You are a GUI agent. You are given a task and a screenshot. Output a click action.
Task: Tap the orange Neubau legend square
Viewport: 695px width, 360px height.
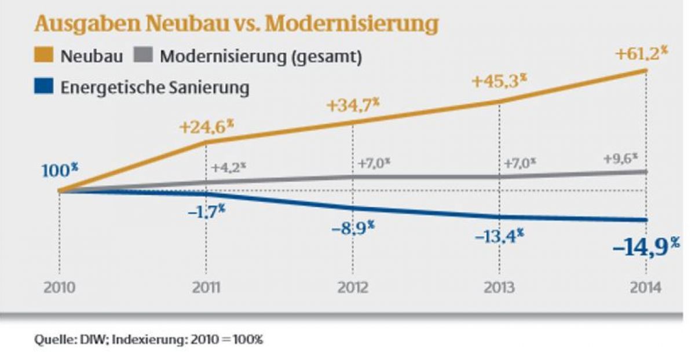click(46, 57)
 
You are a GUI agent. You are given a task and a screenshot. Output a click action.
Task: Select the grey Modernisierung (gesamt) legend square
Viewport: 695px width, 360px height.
click(145, 57)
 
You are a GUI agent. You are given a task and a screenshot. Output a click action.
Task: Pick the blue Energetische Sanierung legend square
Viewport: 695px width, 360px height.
click(46, 88)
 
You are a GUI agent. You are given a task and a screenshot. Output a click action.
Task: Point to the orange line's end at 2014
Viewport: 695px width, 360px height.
click(645, 71)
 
